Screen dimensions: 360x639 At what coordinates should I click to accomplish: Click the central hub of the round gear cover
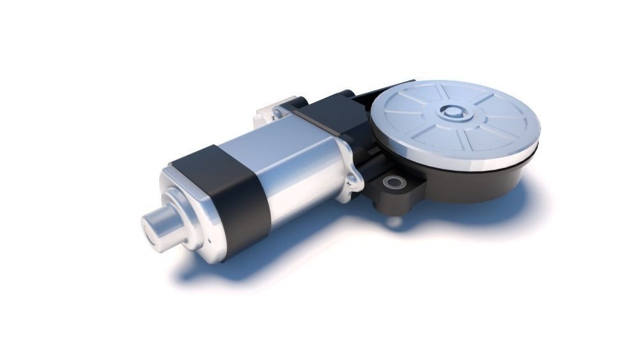pyautogui.click(x=453, y=112)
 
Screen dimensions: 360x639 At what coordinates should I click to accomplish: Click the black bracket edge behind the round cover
pyautogui.click(x=383, y=90)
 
